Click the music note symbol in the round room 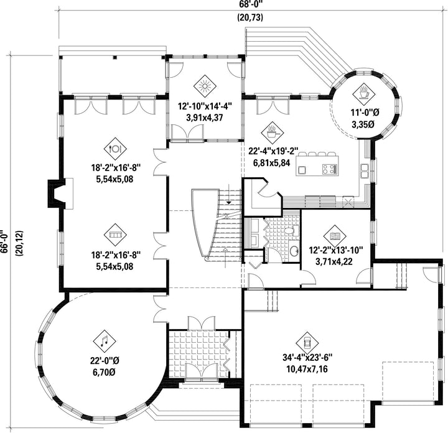pyautogui.click(x=105, y=341)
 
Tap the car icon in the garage pyautogui.click(x=307, y=343)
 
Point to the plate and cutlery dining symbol pyautogui.click(x=115, y=149)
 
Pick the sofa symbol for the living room pyautogui.click(x=116, y=235)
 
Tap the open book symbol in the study pyautogui.click(x=335, y=236)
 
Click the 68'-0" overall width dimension pyautogui.click(x=250, y=5)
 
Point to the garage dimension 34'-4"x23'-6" pyautogui.click(x=307, y=357)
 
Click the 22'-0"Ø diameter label pyautogui.click(x=105, y=361)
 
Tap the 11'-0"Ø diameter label pyautogui.click(x=365, y=112)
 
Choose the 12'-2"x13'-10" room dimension pyautogui.click(x=335, y=251)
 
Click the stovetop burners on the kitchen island pyautogui.click(x=329, y=169)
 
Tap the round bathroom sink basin pyautogui.click(x=294, y=251)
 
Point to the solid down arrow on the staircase pyautogui.click(x=228, y=202)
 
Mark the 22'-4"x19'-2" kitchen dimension pyautogui.click(x=273, y=151)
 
